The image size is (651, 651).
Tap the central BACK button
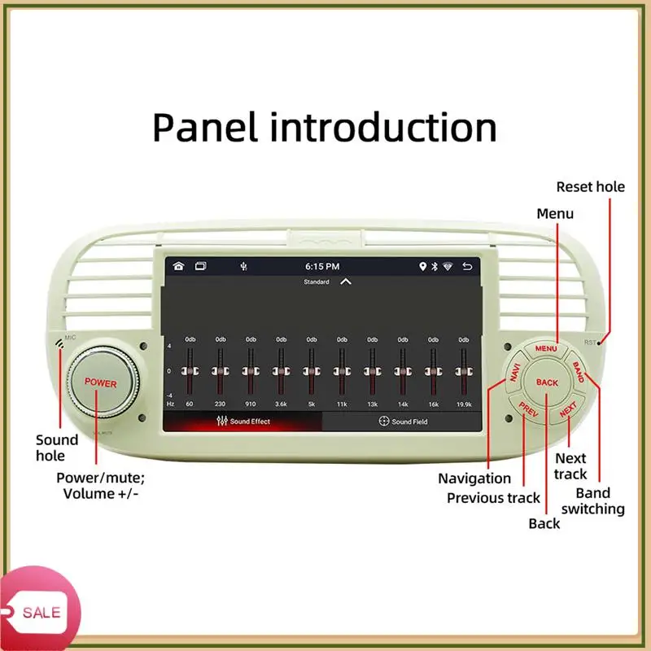[x=547, y=382]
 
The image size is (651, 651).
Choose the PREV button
[x=527, y=409]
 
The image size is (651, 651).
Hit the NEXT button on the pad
[x=568, y=409]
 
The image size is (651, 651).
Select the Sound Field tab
[x=403, y=422]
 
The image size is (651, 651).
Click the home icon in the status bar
[x=178, y=266]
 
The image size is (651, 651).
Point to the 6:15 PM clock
[x=322, y=266]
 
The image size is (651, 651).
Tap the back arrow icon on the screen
[x=467, y=266]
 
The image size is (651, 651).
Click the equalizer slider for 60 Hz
[x=190, y=371]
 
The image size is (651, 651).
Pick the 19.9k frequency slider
[x=464, y=371]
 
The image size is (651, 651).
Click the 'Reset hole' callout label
[x=590, y=186]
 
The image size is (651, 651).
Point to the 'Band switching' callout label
[x=600, y=500]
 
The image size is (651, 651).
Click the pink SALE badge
[x=37, y=612]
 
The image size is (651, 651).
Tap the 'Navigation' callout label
[x=474, y=478]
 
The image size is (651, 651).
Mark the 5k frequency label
[x=311, y=404]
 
